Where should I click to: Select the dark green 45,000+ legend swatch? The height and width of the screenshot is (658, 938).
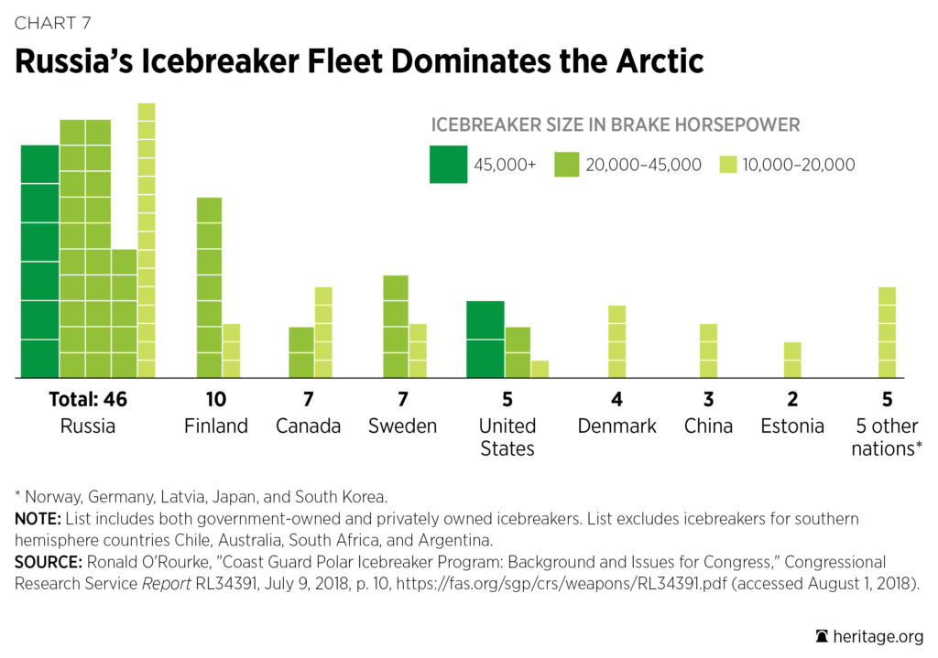448,165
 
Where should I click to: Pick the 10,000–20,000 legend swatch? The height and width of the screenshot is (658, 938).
727,165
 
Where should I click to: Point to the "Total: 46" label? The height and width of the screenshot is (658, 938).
87,400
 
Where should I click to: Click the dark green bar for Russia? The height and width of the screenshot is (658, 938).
39,262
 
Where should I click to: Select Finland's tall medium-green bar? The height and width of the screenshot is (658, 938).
209,287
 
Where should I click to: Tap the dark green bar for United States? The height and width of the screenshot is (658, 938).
485,340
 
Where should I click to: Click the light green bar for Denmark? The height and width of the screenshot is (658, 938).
617,341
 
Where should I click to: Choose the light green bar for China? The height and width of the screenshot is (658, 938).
708,351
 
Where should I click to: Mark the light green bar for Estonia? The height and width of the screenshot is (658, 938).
792,360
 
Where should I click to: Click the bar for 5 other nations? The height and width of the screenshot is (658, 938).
886,332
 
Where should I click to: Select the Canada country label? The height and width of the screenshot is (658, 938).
309,426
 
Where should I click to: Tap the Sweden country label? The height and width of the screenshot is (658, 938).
402,426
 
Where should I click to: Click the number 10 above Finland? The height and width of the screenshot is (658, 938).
216,400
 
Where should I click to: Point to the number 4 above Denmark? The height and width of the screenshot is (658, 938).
616,400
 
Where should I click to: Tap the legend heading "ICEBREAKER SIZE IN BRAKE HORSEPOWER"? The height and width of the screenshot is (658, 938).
616,124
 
